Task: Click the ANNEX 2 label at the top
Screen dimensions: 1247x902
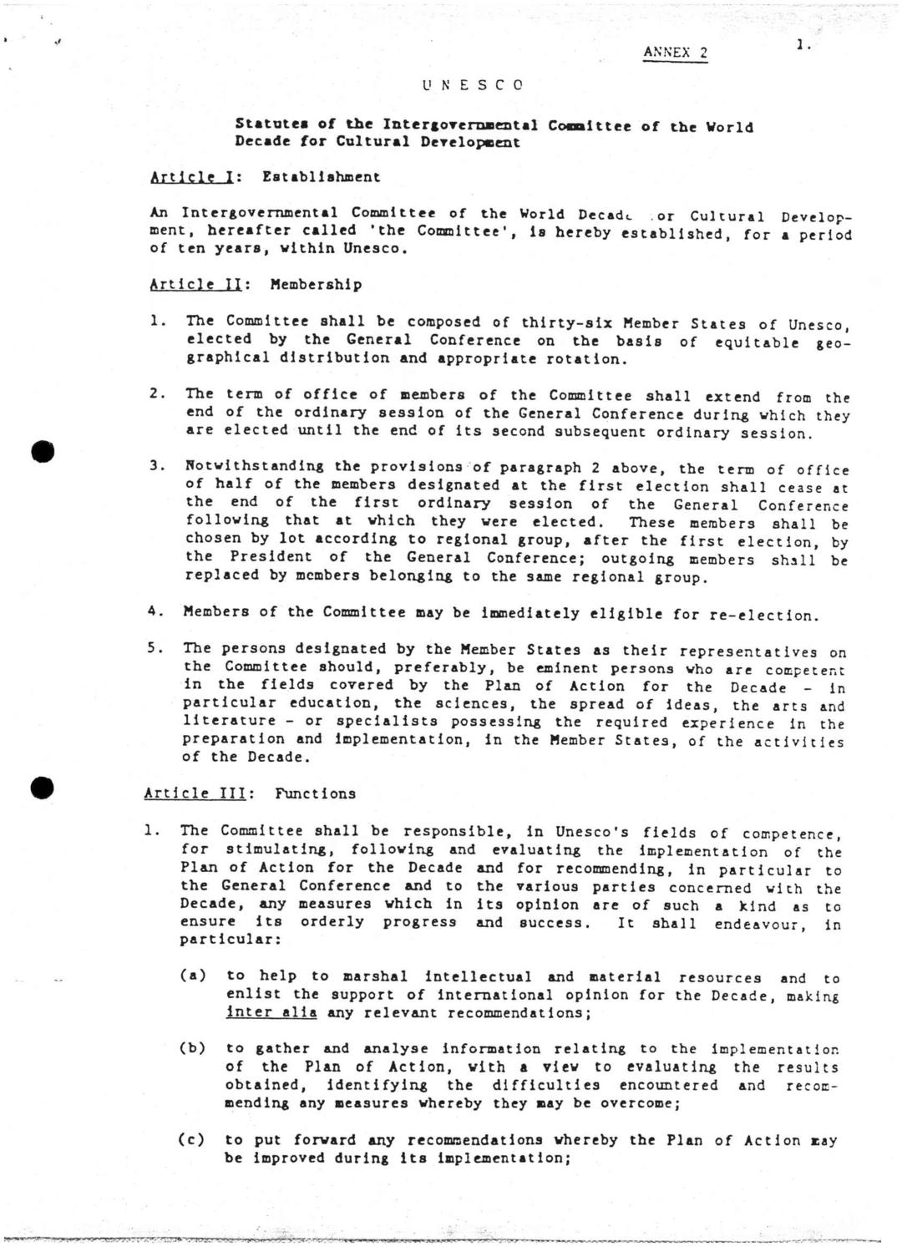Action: pyautogui.click(x=675, y=53)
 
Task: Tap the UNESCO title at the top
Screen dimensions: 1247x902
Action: pyautogui.click(x=473, y=84)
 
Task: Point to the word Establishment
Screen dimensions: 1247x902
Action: pyautogui.click(x=321, y=177)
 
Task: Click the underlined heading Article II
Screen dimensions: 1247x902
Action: pyautogui.click(x=196, y=285)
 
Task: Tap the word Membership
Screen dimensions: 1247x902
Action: pyautogui.click(x=316, y=285)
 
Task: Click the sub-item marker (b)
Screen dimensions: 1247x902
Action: pyautogui.click(x=193, y=1048)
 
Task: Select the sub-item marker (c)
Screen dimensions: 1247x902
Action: pyautogui.click(x=193, y=1139)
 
